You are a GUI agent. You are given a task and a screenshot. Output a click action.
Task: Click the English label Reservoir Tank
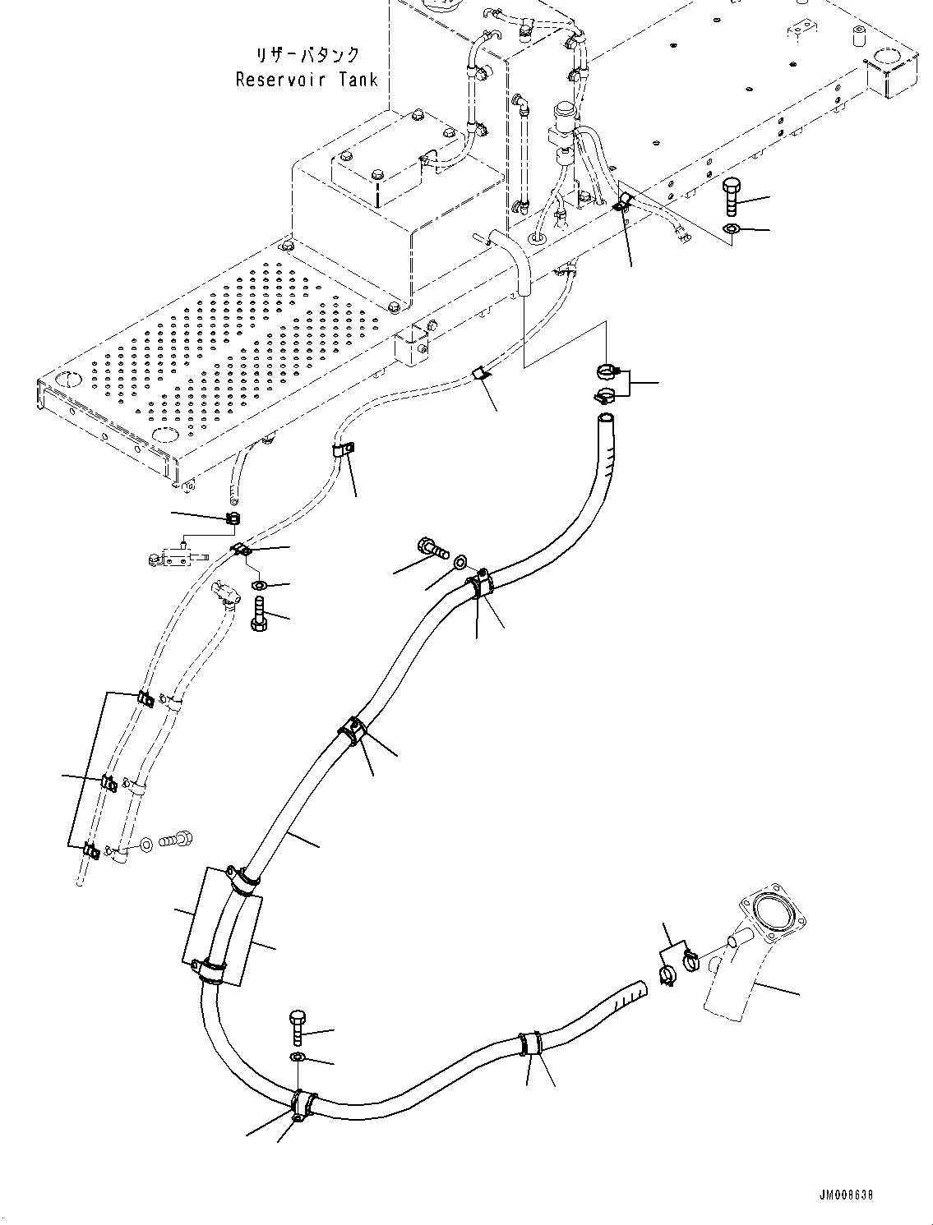pos(307,80)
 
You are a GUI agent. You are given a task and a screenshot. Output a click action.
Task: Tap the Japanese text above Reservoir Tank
pos(307,55)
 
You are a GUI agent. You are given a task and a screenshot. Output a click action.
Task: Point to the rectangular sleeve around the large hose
pos(222,928)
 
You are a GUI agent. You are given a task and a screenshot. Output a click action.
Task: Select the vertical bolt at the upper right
pos(732,198)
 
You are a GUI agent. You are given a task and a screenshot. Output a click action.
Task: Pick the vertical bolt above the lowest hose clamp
pos(298,1028)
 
